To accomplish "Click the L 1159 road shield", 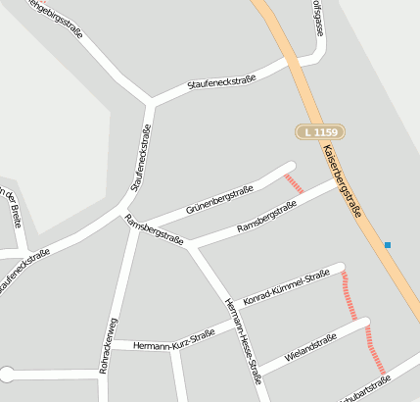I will pyautogui.click(x=320, y=131).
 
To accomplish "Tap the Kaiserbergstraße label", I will pyautogui.click(x=342, y=176).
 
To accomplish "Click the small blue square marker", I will pyautogui.click(x=388, y=244).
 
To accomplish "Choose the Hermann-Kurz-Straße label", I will pyautogui.click(x=174, y=339).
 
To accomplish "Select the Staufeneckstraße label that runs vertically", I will pyautogui.click(x=141, y=157).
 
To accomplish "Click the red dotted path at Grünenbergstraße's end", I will pyautogui.click(x=294, y=182).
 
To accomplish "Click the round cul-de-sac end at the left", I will pyautogui.click(x=7, y=374).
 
